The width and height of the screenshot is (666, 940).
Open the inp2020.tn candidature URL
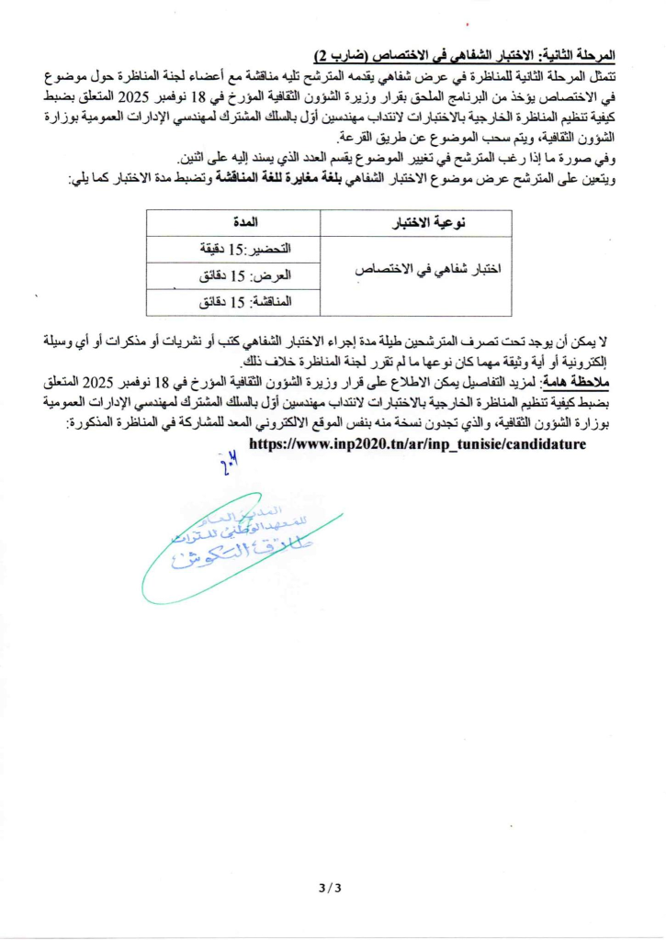[x=417, y=442]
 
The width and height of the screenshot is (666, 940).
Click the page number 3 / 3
[x=330, y=888]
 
